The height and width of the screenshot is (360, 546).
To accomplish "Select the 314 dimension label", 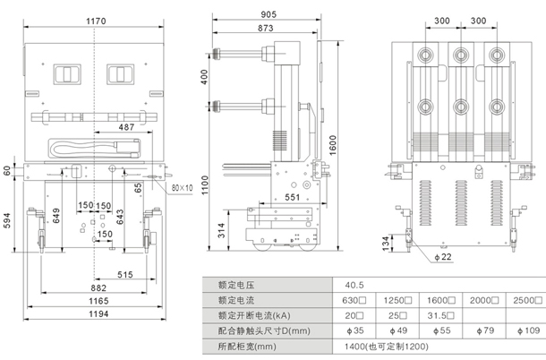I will point(220,231).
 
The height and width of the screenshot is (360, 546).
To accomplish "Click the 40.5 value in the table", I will point(356,285).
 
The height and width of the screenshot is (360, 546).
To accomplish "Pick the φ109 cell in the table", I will point(529,330).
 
